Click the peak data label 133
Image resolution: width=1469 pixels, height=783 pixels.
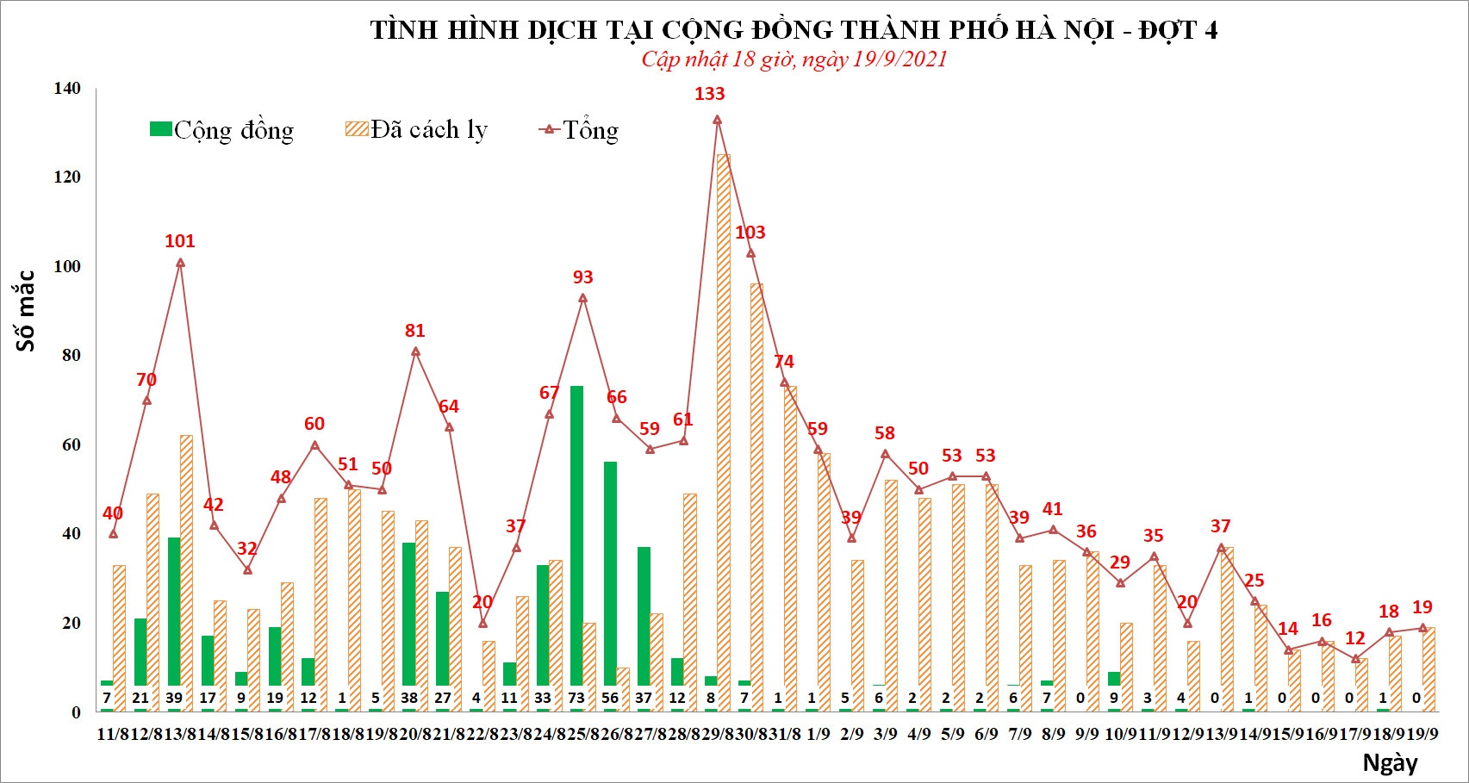coord(710,94)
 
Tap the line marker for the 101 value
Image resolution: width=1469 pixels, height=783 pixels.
coord(180,263)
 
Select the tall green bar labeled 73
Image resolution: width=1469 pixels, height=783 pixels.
coord(576,534)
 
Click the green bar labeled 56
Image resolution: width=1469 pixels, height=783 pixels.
coord(610,573)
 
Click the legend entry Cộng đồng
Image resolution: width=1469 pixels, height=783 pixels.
coord(222,130)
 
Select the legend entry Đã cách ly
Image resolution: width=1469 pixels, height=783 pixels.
coord(417,130)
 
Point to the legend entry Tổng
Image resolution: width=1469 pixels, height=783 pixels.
coord(579,130)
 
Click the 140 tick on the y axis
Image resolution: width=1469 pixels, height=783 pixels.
coord(67,88)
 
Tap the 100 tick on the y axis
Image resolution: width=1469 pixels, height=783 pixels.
coord(67,266)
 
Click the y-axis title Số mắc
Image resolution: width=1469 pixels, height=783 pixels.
coord(26,310)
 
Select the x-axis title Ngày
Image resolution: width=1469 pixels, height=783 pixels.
coord(1390,762)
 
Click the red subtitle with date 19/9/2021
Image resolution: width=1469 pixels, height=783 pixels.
coord(794,59)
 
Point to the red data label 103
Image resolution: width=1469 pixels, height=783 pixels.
coord(750,233)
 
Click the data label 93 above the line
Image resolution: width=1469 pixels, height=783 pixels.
coord(583,277)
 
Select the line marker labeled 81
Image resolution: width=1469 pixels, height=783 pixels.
coord(415,351)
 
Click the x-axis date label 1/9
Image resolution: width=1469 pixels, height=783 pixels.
coord(818,734)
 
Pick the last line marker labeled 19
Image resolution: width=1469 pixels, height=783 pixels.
coord(1422,628)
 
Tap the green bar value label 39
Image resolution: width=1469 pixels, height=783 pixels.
coord(174,698)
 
